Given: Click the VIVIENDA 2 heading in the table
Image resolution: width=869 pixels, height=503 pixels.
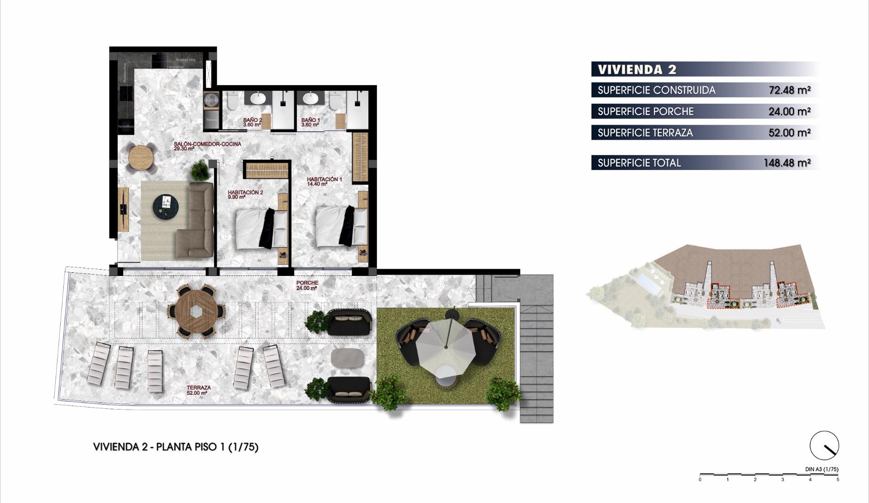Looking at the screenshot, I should click(x=637, y=69).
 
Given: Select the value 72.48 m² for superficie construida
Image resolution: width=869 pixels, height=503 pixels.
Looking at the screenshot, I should click(x=789, y=90).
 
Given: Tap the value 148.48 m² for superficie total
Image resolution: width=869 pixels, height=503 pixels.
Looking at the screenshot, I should click(x=787, y=163).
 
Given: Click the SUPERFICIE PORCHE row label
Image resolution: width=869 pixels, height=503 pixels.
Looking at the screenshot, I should click(x=645, y=111).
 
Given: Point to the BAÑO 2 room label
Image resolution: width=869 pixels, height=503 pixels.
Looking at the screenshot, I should click(x=252, y=122).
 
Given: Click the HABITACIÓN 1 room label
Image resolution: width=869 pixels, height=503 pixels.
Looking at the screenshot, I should click(x=324, y=181).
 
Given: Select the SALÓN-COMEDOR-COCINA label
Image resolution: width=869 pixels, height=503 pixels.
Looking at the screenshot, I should click(x=207, y=146).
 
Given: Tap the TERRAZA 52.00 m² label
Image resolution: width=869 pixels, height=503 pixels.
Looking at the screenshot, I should click(x=198, y=390).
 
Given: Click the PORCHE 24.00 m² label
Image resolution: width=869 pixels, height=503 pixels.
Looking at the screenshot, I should click(x=307, y=285).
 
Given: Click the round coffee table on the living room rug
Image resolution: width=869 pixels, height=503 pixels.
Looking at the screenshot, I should click(x=165, y=207).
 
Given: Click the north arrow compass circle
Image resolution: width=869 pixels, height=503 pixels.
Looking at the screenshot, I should click(x=824, y=445).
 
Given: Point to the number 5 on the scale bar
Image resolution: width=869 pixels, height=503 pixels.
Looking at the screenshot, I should click(x=837, y=479).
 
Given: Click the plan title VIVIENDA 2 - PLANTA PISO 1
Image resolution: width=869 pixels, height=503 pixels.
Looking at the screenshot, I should click(x=176, y=447).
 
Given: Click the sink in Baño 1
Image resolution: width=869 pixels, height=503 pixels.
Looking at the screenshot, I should click(x=310, y=98).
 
